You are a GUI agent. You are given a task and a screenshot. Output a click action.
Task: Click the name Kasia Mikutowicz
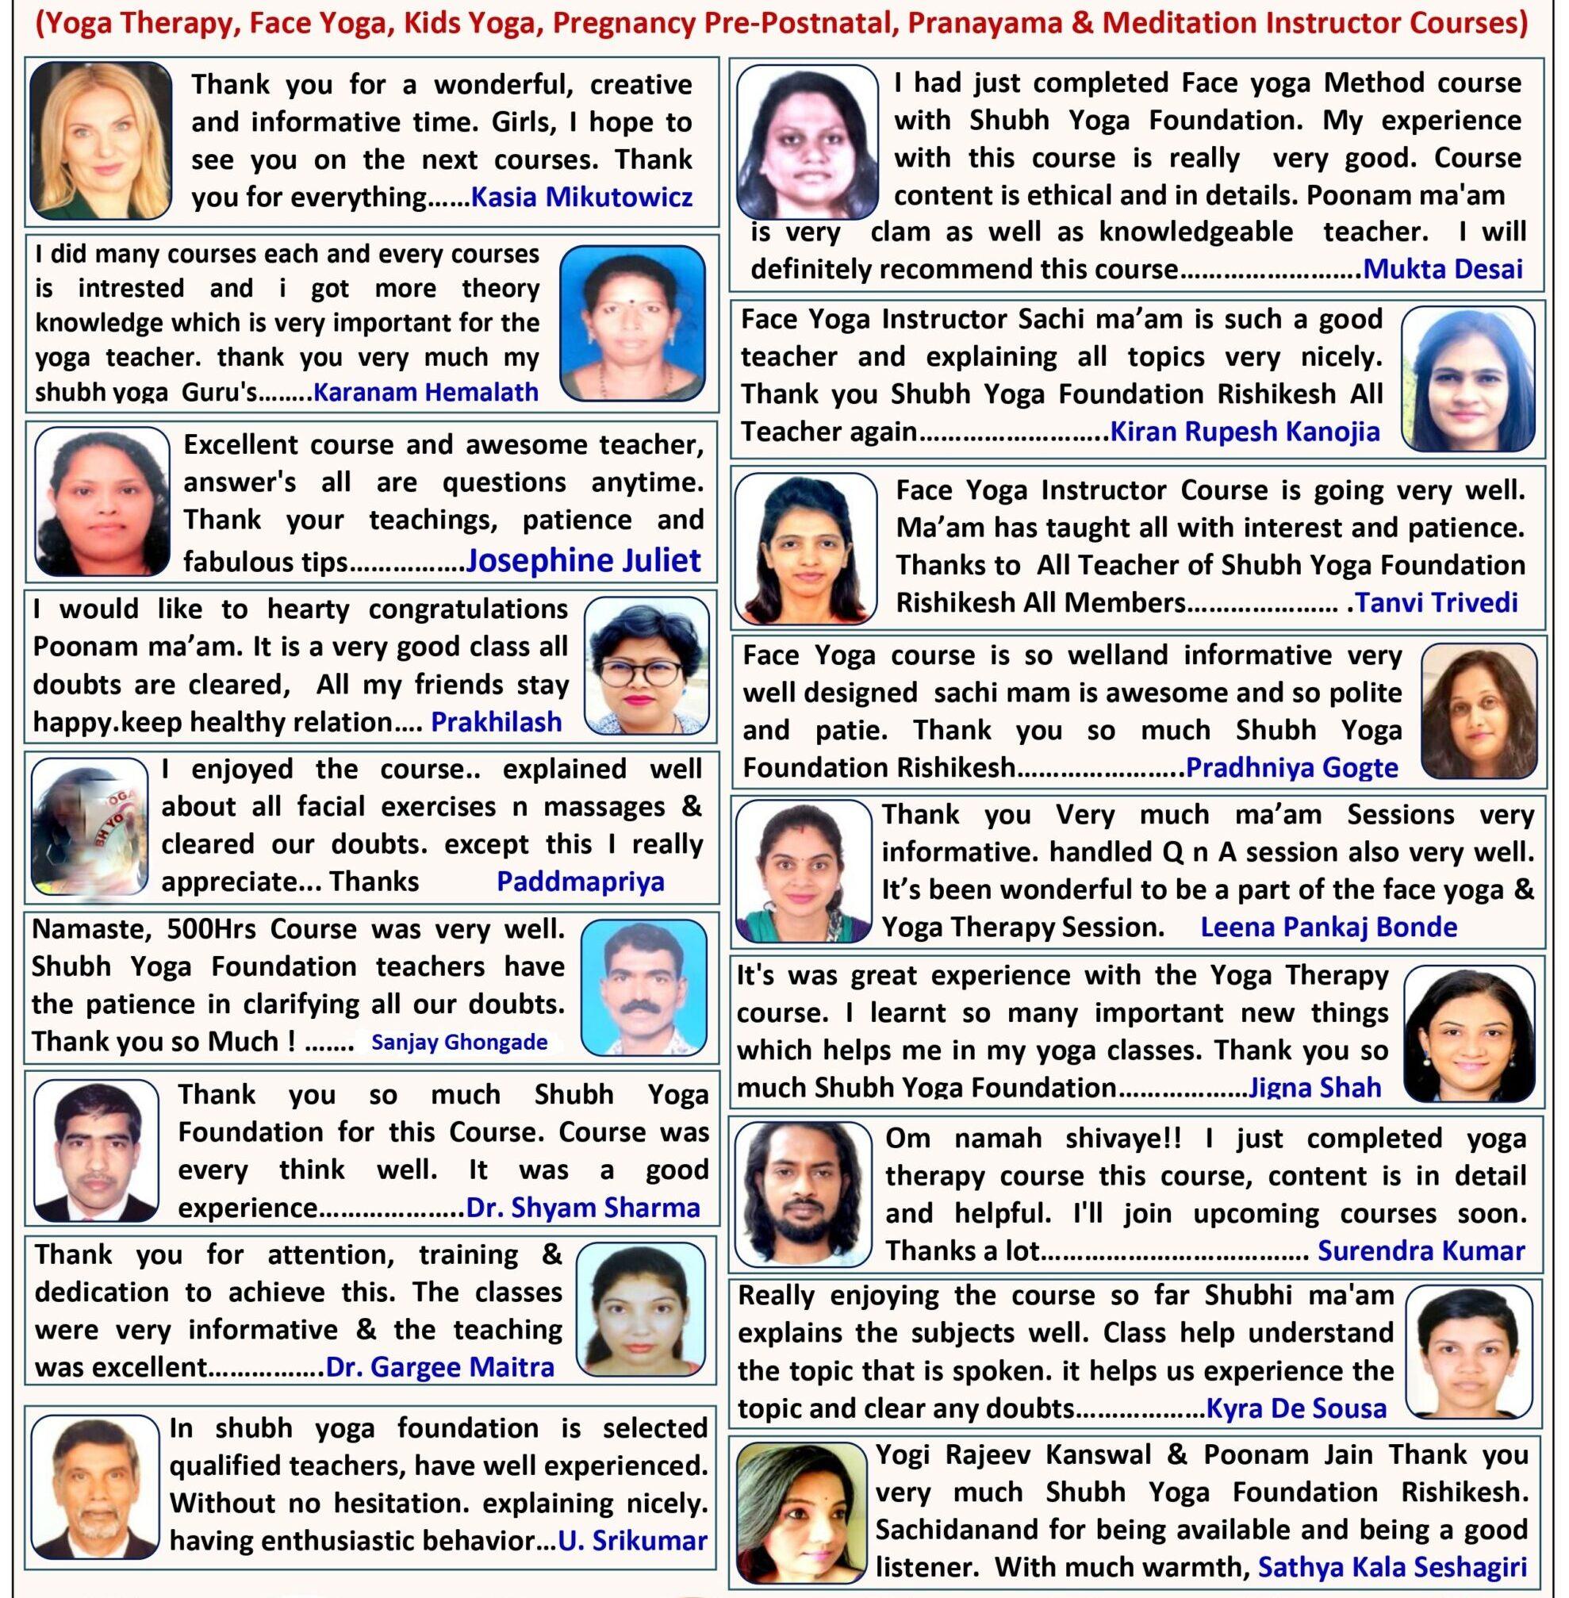coord(581,198)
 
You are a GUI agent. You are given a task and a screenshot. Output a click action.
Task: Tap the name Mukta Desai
coord(1442,270)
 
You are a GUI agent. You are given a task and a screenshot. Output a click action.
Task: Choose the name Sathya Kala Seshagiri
coord(1392,1567)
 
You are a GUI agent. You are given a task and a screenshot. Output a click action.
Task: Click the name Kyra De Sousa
coord(1295,1408)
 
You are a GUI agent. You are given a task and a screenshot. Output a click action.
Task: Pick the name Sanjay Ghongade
coord(459,1043)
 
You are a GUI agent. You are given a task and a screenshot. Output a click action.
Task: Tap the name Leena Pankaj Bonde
coord(1328,928)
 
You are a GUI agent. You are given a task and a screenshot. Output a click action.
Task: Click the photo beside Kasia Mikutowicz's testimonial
coord(101,140)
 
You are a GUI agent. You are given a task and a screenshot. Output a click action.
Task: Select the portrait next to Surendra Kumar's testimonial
coord(803,1193)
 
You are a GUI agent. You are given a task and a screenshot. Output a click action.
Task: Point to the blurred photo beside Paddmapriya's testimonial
coord(89,827)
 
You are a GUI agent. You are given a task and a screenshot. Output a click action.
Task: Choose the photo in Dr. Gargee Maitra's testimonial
coord(640,1309)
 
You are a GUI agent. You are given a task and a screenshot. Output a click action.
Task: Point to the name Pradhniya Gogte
coord(1291,768)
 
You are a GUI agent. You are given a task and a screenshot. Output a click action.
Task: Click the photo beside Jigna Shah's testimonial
coord(1468,1034)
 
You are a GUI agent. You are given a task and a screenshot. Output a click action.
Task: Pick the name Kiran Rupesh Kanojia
coord(1245,431)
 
